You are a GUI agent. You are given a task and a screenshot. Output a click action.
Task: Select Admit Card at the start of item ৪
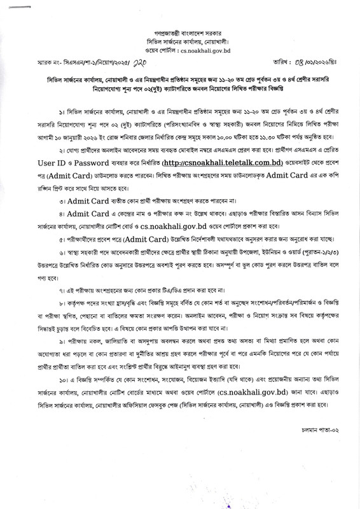(x=79, y=233)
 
